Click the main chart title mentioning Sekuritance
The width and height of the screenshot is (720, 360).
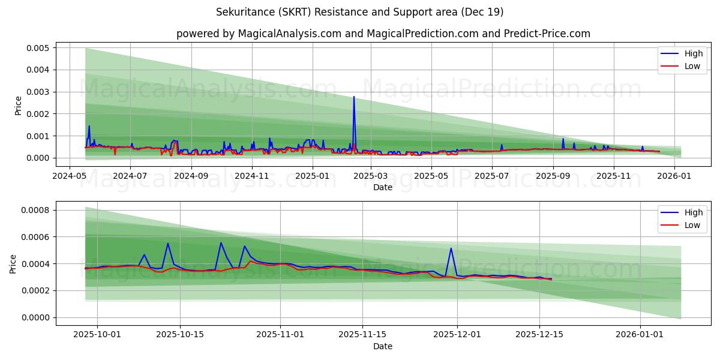coord(359,12)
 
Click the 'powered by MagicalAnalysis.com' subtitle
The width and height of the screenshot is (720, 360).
coord(383,34)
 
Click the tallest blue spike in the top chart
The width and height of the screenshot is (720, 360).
coord(354,97)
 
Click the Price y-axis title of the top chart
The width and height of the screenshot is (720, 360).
coord(18,106)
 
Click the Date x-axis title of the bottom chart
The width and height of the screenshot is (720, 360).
coord(383,346)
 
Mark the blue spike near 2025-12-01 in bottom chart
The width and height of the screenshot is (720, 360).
coord(451,248)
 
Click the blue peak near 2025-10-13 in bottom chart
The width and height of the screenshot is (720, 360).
coord(168,244)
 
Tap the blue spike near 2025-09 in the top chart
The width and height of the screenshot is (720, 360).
coord(563,139)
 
